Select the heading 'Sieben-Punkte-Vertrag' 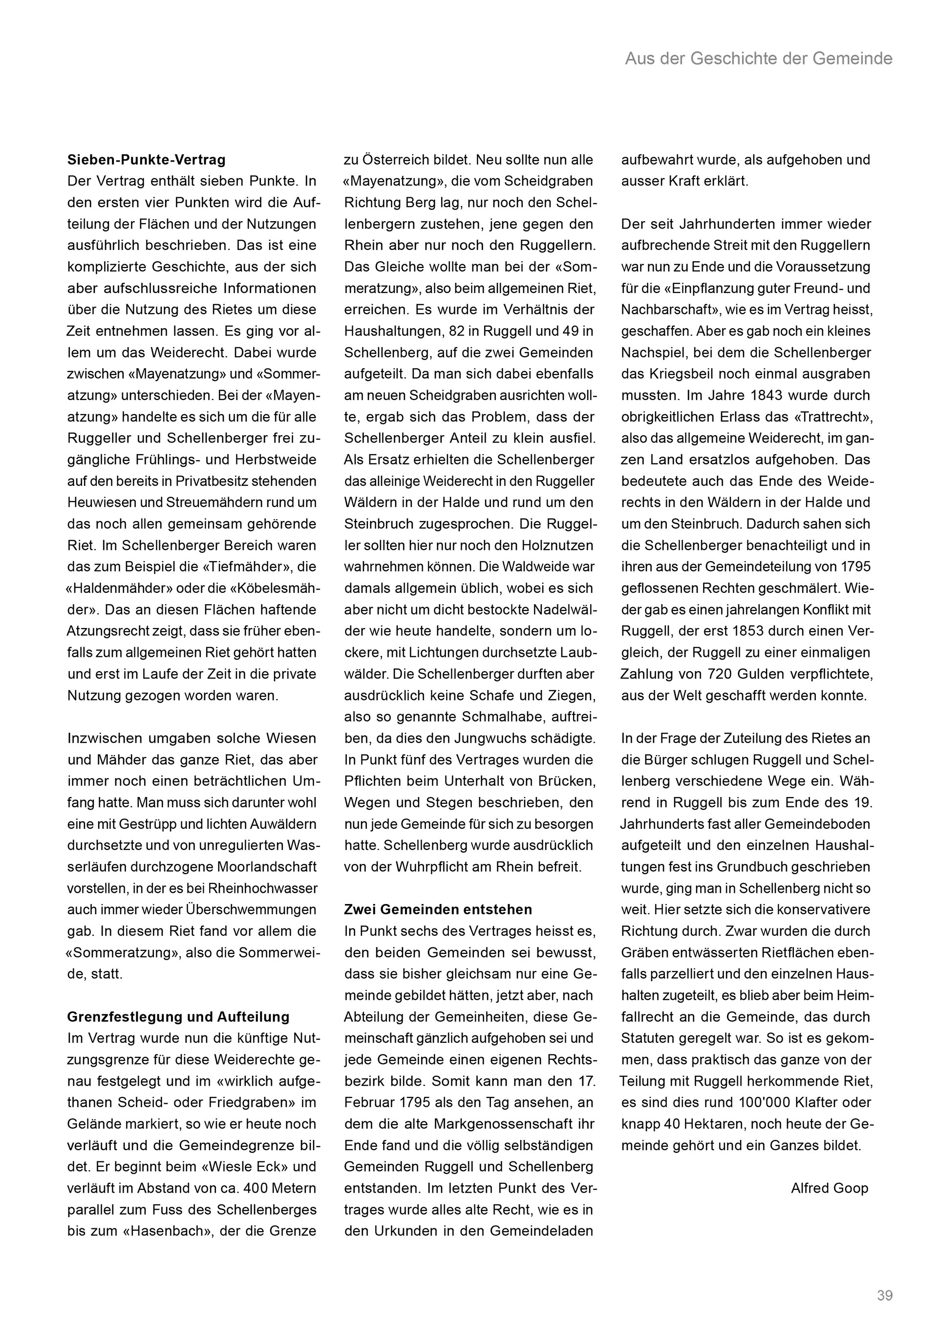[x=146, y=160]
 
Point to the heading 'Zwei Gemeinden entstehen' [x=438, y=909]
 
